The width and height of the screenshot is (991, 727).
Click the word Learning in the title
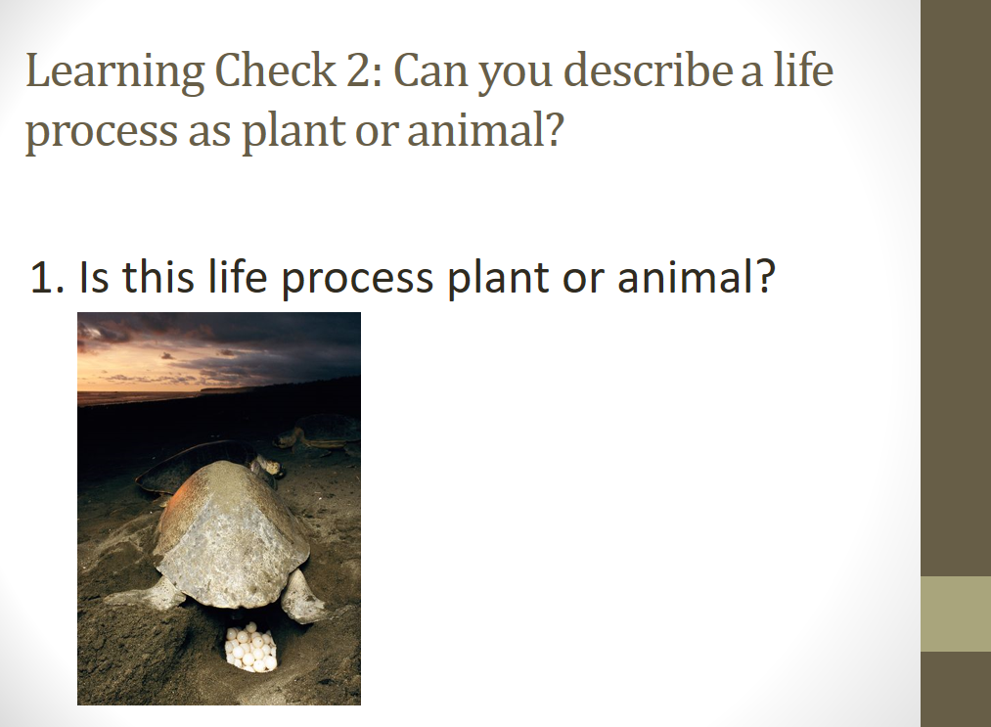pyautogui.click(x=114, y=71)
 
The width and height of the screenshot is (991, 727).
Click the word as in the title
pyautogui.click(x=208, y=132)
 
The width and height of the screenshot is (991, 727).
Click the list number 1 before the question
pyautogui.click(x=47, y=277)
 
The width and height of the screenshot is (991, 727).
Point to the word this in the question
pyautogui.click(x=158, y=276)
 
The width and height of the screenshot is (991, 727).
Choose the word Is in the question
pyautogui.click(x=94, y=276)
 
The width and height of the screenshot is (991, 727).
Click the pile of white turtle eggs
pyautogui.click(x=251, y=647)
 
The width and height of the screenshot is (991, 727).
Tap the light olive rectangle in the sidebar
pyautogui.click(x=955, y=613)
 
